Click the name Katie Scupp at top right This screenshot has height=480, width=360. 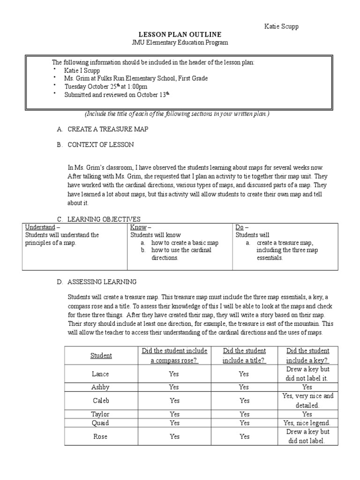(x=281, y=26)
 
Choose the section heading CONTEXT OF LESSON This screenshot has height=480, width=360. (x=100, y=145)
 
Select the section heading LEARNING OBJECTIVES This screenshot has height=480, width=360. (x=104, y=219)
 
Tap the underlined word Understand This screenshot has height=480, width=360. (x=39, y=227)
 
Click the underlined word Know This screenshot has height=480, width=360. (x=138, y=227)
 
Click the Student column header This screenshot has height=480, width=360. (x=101, y=355)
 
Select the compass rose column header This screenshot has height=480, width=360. (x=174, y=355)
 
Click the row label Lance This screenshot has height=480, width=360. (x=101, y=374)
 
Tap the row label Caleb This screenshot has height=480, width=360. (x=101, y=400)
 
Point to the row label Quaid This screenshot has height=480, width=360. (x=101, y=423)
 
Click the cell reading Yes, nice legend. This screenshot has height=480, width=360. (x=307, y=423)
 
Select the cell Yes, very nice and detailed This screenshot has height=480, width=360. (x=307, y=400)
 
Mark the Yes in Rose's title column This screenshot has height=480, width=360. (x=244, y=436)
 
